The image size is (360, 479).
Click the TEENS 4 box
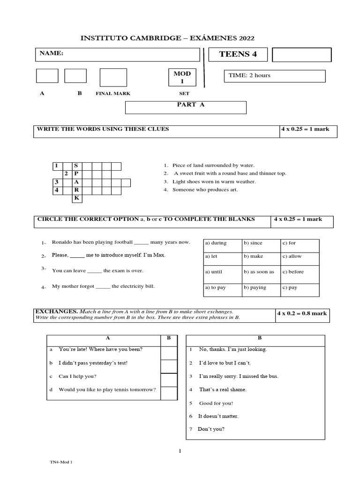(238, 54)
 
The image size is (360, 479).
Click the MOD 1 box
(182, 78)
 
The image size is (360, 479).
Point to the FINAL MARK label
(113, 94)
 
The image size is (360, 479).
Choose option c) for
(289, 243)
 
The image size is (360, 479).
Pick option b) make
(253, 256)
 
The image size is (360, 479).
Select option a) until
(214, 272)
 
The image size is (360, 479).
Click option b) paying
(255, 288)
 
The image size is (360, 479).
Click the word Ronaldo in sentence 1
(62, 242)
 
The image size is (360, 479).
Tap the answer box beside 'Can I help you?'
(169, 380)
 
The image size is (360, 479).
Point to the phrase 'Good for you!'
(216, 403)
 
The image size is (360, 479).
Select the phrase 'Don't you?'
(211, 428)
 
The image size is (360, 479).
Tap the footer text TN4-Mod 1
(61, 461)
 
